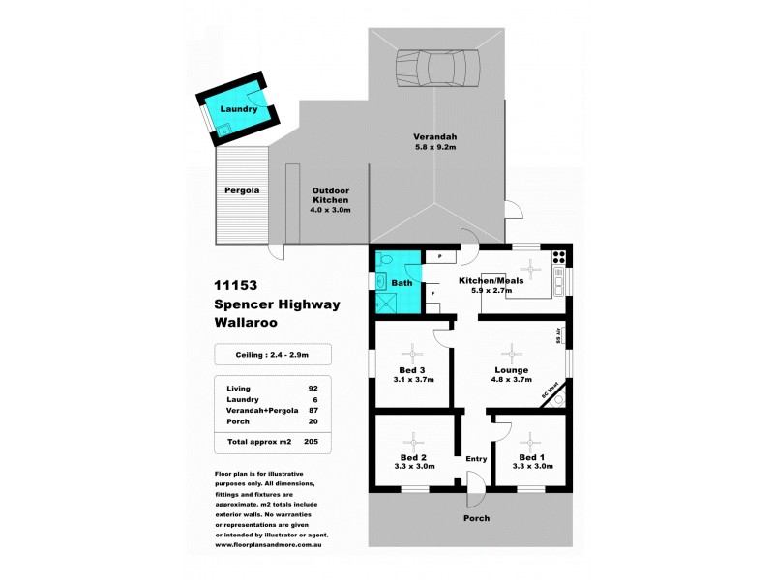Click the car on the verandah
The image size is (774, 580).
coord(437,68)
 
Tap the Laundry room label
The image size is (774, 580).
coord(238,109)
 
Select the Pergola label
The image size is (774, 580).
coord(242,190)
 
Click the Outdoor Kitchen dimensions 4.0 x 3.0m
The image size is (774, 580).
coord(330,209)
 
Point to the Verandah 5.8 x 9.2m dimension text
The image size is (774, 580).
coord(435,147)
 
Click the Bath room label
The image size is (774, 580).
coord(402,283)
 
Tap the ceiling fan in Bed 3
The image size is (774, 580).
coord(412,352)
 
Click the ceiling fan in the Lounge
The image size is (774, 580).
coord(511,352)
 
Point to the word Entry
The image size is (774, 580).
coord(476,459)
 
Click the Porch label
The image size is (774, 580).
coord(475,518)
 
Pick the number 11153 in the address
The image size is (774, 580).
coord(238,286)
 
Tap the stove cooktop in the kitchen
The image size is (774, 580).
coord(558,257)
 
